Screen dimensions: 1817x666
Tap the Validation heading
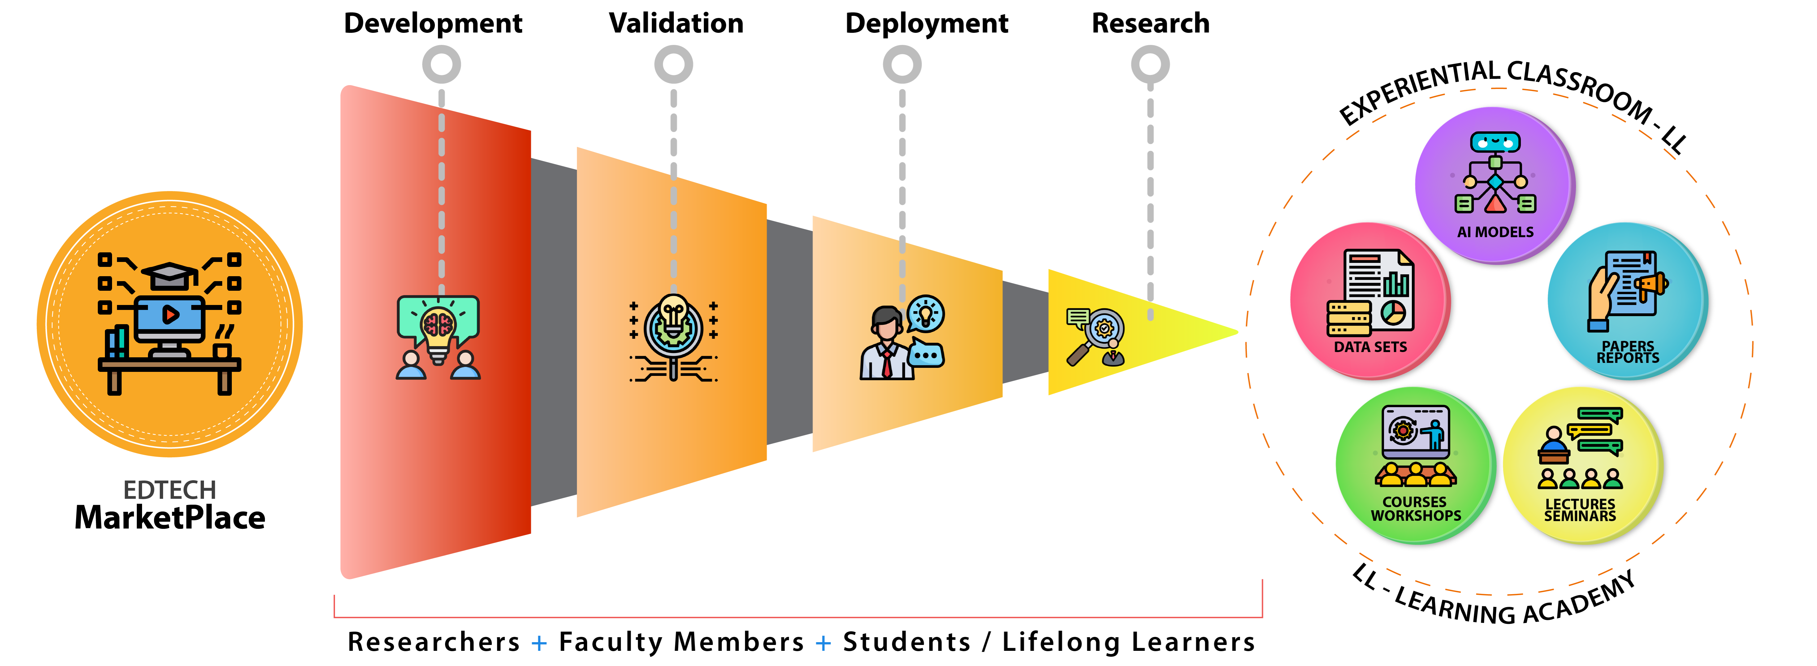click(x=676, y=23)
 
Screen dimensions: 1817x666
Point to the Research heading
click(x=1150, y=23)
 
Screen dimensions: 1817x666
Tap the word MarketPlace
click(x=170, y=518)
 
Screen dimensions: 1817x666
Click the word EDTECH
click(x=170, y=490)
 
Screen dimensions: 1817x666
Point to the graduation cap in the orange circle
click(x=170, y=275)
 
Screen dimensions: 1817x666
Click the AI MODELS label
click(x=1495, y=232)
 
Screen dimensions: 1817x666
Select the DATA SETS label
click(x=1370, y=347)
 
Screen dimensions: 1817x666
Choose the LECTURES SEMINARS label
click(x=1580, y=510)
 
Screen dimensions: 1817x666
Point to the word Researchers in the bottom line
click(x=434, y=642)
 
